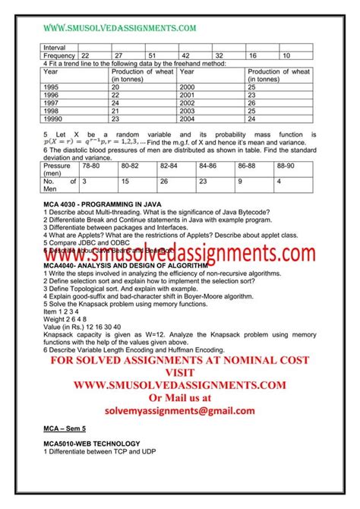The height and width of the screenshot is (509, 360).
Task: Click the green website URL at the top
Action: (119, 28)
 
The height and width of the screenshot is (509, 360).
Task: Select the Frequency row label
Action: (60, 55)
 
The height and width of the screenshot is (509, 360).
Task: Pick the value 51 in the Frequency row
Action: (152, 55)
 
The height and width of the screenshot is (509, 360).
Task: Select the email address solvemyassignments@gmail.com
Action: (180, 410)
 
